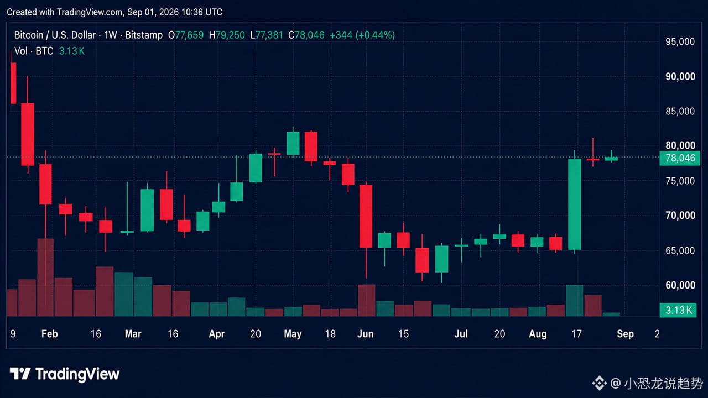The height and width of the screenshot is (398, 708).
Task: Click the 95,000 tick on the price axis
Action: tap(680, 41)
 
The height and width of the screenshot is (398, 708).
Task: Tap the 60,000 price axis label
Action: tap(680, 285)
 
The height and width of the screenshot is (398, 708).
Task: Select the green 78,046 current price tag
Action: tap(680, 158)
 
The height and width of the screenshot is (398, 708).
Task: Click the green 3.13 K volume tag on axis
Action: tap(678, 310)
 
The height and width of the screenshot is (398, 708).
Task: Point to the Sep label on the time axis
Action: tap(625, 334)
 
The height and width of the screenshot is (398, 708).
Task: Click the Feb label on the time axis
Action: tap(50, 334)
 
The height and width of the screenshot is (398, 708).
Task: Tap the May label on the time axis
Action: tap(293, 334)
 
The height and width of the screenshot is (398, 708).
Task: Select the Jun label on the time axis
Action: tap(366, 334)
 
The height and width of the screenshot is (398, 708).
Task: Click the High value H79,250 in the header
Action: tap(227, 35)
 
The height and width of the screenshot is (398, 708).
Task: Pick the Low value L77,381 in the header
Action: tap(267, 35)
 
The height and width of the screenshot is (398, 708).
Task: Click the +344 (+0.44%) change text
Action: tap(362, 35)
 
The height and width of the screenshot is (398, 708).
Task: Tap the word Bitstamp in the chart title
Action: tap(144, 35)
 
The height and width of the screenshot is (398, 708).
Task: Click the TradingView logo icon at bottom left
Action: tap(20, 374)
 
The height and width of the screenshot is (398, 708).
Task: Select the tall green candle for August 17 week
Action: tap(575, 205)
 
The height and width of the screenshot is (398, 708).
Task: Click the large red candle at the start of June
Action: tap(366, 216)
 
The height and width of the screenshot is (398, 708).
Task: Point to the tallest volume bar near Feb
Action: tap(45, 277)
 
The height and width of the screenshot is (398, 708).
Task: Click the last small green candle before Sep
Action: tap(611, 158)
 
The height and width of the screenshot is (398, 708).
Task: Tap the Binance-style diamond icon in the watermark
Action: tap(599, 383)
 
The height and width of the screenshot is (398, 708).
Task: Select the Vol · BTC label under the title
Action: tap(34, 51)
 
